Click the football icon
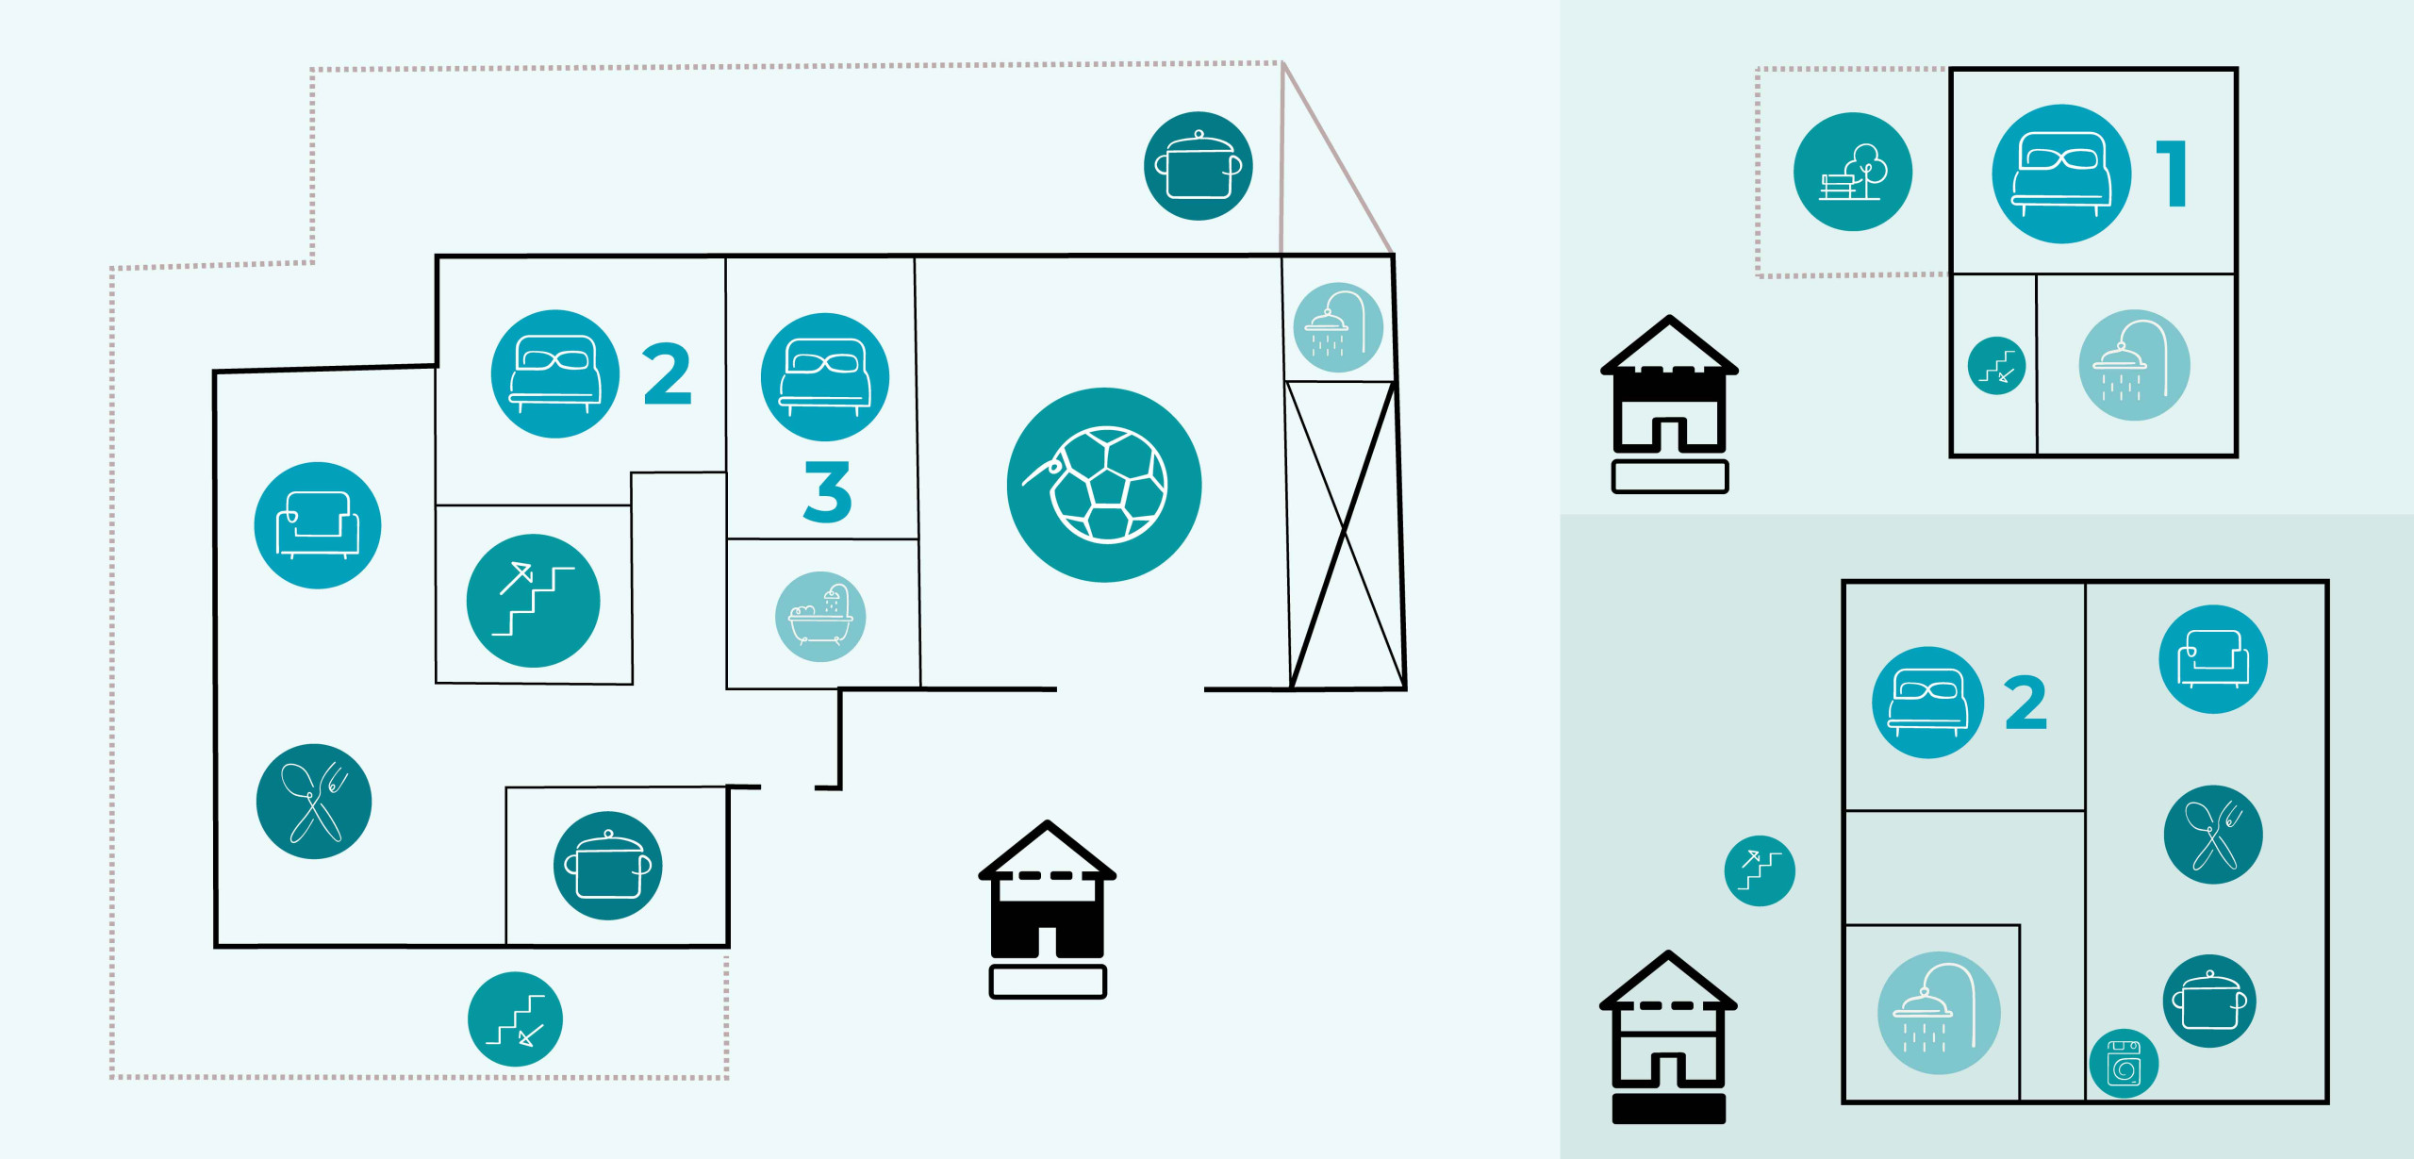coord(1104,485)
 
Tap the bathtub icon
coord(820,617)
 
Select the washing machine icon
coord(2125,1064)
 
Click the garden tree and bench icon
coord(1853,172)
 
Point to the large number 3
coord(827,490)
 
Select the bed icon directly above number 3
coord(825,377)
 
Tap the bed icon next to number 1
coord(2061,174)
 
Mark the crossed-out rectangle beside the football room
coord(1346,535)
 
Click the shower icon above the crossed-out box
coord(1339,327)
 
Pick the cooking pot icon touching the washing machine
coord(2209,1002)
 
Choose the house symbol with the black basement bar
coord(1668,1036)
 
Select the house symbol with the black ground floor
coord(1047,909)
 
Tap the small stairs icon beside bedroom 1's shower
coord(1996,366)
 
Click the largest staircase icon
coord(534,601)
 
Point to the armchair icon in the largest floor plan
coord(318,525)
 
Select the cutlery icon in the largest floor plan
coord(314,802)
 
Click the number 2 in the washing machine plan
coord(2025,703)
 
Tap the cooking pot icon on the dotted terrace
coord(1199,166)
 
